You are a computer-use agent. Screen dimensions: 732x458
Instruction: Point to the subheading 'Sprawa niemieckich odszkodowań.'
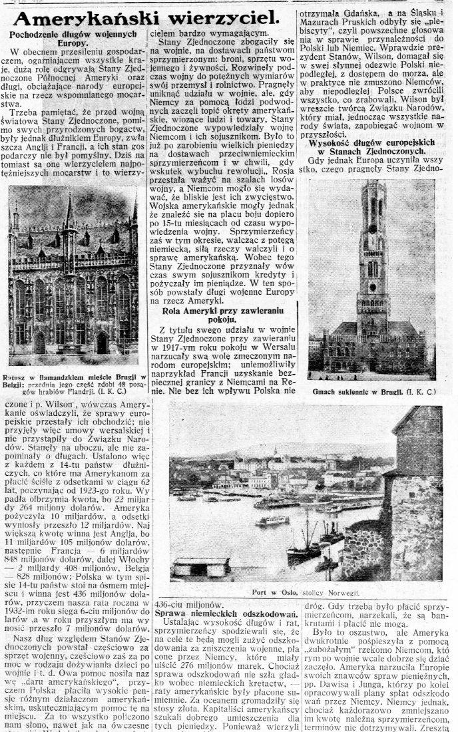point(225,612)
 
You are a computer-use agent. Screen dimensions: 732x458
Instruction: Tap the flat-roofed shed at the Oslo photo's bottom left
point(200,568)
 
